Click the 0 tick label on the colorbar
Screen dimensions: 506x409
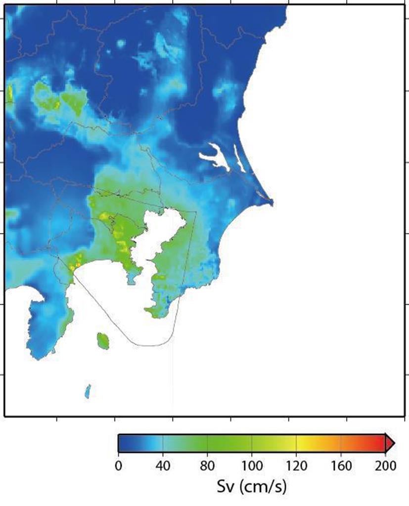pyautogui.click(x=118, y=466)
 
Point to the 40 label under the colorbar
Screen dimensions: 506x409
pyautogui.click(x=163, y=466)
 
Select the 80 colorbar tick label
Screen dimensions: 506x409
pyautogui.click(x=207, y=466)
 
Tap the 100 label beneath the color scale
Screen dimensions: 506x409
pyautogui.click(x=252, y=466)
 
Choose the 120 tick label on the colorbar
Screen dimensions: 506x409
pyautogui.click(x=296, y=466)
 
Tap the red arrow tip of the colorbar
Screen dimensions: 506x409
pyautogui.click(x=392, y=443)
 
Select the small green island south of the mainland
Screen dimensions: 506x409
pyautogui.click(x=103, y=340)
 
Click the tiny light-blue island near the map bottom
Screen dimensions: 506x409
pyautogui.click(x=88, y=391)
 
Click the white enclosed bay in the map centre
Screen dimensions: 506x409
pyautogui.click(x=163, y=237)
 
